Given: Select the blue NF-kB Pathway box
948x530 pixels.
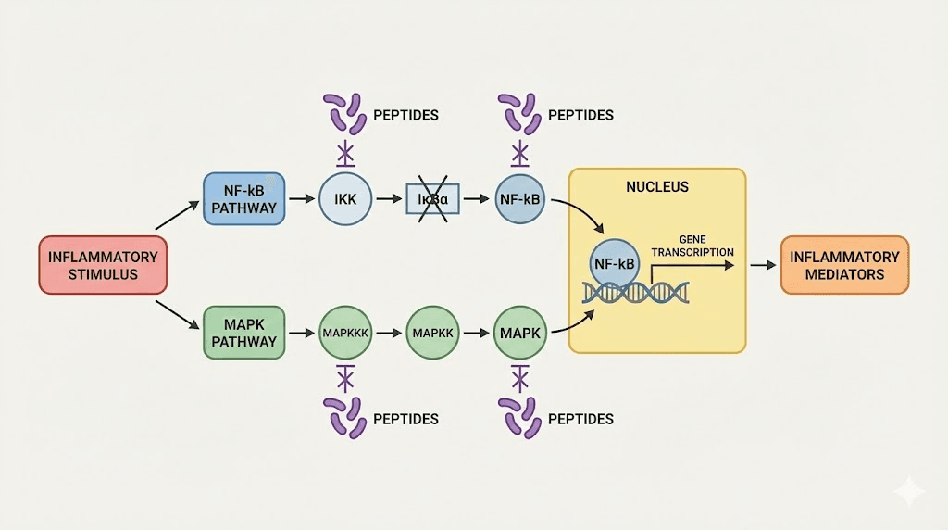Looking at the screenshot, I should click(243, 198).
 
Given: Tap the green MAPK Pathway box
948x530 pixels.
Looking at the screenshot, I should click(243, 332).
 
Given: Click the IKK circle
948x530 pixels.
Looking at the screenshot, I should click(344, 198).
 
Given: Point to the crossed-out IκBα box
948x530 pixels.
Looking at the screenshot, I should click(433, 198).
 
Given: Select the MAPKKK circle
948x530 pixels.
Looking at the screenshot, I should click(344, 332).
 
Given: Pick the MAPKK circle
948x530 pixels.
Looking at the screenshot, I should click(431, 332).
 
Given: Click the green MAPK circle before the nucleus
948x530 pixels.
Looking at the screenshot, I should click(519, 332).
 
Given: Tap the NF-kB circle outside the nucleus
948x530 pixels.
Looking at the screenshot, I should click(519, 198).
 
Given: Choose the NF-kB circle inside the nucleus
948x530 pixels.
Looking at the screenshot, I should click(614, 264).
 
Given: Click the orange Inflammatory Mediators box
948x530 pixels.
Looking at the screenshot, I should click(844, 265).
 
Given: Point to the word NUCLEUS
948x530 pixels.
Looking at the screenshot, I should click(656, 186).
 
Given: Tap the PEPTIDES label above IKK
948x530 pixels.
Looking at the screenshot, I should click(405, 116).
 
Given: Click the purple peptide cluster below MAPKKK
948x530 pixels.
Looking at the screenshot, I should click(344, 417).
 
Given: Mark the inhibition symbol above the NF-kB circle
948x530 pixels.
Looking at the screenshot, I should click(520, 151).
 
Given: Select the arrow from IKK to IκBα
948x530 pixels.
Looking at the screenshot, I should click(389, 198).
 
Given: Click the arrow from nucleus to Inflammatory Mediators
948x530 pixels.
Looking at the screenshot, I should click(763, 265).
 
